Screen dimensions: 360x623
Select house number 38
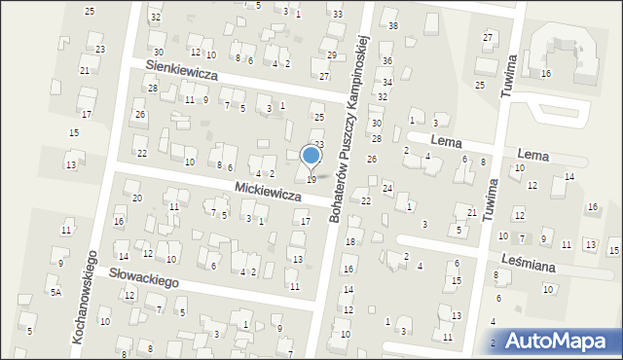click(392, 25)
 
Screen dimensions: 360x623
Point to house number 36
click(386, 60)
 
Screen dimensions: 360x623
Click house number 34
click(386, 82)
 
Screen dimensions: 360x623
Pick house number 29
click(331, 54)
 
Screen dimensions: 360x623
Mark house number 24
click(386, 187)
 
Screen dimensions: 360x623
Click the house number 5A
click(56, 292)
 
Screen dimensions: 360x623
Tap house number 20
click(137, 198)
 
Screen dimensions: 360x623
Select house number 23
click(100, 49)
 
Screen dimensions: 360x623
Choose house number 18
click(350, 241)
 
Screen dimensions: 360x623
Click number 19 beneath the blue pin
click(311, 179)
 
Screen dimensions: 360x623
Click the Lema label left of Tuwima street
click(447, 141)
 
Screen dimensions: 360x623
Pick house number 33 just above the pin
click(318, 144)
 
